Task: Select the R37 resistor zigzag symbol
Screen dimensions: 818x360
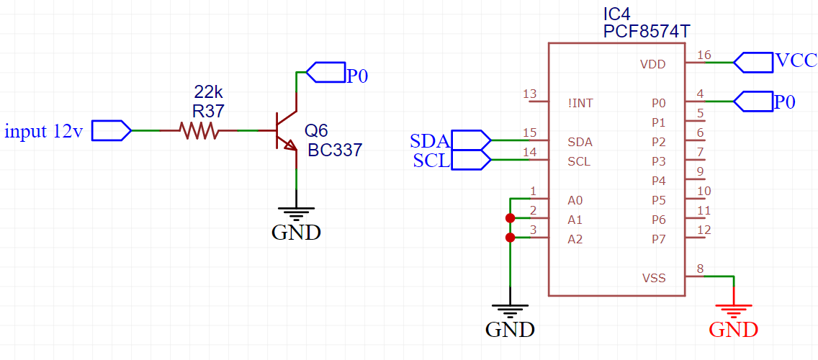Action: [x=198, y=130]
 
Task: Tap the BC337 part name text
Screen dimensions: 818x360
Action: [x=335, y=150]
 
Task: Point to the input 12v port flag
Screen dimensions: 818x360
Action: [x=111, y=130]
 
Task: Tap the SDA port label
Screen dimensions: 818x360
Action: [x=429, y=140]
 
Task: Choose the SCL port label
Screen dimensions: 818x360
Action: [x=431, y=160]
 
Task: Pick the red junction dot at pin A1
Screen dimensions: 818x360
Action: [x=511, y=218]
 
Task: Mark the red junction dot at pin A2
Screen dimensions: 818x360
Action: [x=511, y=238]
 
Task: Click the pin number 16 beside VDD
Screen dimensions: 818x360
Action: [x=704, y=55]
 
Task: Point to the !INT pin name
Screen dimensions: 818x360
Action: [x=580, y=103]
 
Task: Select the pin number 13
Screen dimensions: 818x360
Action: [x=529, y=94]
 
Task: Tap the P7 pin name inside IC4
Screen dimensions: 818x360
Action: [x=658, y=240]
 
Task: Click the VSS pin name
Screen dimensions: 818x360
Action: [x=654, y=278]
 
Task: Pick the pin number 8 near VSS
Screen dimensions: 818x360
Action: [x=701, y=269]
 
